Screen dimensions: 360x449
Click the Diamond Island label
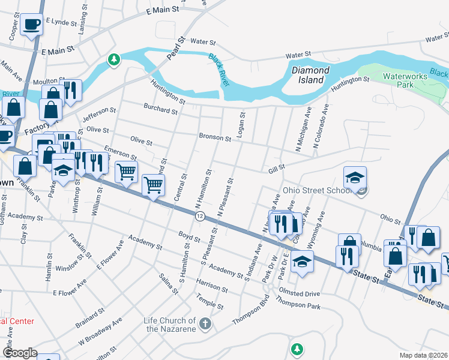tap(310, 74)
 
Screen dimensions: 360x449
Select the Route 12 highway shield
tap(200, 215)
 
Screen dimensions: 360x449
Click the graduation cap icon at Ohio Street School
tap(355, 177)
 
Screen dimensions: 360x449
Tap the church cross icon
tap(205, 325)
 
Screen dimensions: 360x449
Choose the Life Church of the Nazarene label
tap(170, 325)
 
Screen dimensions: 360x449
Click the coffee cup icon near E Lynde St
tap(31, 25)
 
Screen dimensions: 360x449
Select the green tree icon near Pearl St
tap(113, 59)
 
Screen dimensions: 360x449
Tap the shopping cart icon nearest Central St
tap(154, 184)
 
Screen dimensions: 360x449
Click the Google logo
tap(20, 352)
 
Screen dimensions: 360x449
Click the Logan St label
tap(242, 125)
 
